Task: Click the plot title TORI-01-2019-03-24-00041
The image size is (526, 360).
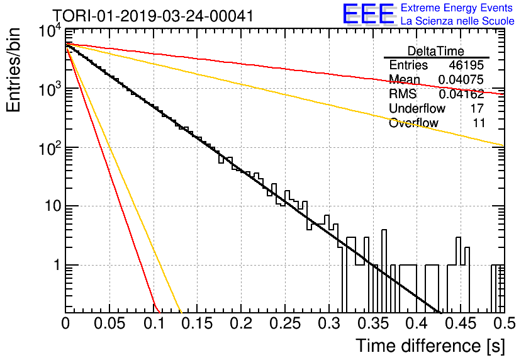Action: pos(153,16)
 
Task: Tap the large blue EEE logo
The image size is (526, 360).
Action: pos(368,14)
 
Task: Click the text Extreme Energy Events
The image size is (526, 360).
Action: pos(457,8)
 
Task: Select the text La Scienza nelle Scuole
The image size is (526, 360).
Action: pos(457,21)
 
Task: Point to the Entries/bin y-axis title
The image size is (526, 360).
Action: pos(13,70)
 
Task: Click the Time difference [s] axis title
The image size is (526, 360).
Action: pos(430,346)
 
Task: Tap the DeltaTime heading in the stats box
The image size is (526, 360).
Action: pos(436,51)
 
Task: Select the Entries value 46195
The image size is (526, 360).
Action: pos(466,65)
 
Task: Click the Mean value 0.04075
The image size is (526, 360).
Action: pos(461,79)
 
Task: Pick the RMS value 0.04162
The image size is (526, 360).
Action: pos(461,94)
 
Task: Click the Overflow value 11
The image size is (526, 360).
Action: pos(479,123)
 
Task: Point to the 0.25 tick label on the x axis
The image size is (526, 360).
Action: pos(285,323)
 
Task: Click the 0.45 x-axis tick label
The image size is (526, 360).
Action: pos(461,323)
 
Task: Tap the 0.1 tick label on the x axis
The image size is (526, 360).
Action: pos(154,323)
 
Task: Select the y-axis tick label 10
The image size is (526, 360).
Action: pos(53,206)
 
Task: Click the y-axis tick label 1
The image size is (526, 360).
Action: pos(57,265)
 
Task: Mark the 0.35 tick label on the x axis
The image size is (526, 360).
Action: pos(372,323)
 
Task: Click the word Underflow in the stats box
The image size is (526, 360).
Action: pos(417,108)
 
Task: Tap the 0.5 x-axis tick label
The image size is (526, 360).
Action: pos(504,323)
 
